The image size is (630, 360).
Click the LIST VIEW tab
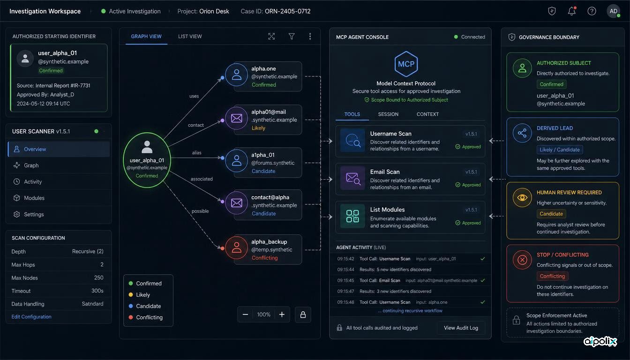coord(190,37)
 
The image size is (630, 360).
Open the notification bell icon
coord(571,11)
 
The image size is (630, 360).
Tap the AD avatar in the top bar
coord(613,11)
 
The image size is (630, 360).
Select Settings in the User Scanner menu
coord(34,214)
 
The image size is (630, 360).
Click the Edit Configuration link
coord(31,317)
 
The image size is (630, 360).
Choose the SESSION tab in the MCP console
coord(388,114)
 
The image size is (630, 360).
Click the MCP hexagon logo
coord(406,64)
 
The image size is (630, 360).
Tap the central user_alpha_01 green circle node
coord(147,160)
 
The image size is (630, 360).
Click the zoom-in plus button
coord(282,315)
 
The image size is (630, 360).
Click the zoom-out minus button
coord(245,315)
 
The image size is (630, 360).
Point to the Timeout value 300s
coord(97,291)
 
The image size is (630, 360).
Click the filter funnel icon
coord(292,36)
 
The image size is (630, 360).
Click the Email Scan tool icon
coord(352,178)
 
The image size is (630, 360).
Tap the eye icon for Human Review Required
coord(522,197)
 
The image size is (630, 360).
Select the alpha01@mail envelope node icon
coord(237,118)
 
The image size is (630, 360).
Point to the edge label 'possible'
coord(200,211)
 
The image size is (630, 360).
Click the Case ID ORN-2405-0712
coord(287,11)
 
